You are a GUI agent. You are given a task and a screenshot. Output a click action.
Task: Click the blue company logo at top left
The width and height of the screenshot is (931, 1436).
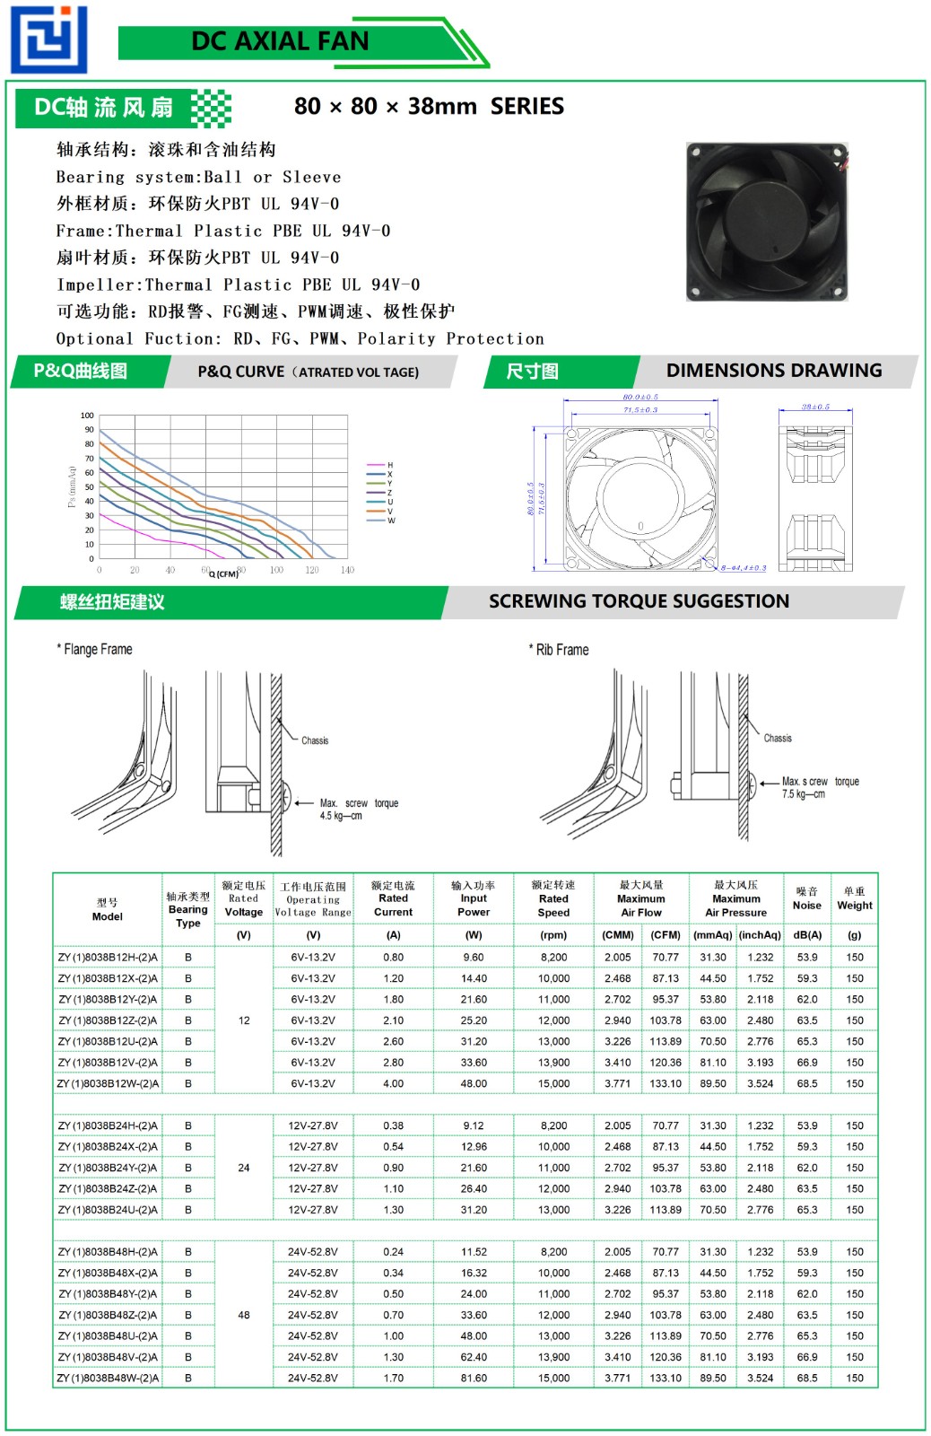(48, 39)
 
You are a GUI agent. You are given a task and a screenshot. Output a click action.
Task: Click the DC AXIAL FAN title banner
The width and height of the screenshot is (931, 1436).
(280, 41)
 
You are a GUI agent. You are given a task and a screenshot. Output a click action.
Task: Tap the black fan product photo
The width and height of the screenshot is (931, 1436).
(766, 222)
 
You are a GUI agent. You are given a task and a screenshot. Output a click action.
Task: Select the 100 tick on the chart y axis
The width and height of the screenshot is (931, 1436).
(87, 416)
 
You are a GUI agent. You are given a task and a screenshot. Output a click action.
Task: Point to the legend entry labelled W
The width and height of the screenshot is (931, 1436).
(391, 521)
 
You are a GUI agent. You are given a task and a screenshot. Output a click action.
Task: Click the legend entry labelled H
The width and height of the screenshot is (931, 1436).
(389, 465)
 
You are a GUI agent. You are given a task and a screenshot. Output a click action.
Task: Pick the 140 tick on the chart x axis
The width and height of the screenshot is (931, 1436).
(347, 570)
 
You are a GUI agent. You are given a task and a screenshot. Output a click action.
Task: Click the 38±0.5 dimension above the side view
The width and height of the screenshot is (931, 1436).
(815, 407)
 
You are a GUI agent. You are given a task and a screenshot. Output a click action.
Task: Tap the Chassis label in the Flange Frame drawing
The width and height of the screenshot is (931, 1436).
(315, 740)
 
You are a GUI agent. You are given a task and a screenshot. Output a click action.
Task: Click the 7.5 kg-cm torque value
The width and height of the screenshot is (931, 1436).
(803, 794)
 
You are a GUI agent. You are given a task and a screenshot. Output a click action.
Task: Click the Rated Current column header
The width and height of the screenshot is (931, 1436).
(393, 898)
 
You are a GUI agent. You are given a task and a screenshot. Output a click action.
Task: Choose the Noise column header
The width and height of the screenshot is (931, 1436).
(806, 898)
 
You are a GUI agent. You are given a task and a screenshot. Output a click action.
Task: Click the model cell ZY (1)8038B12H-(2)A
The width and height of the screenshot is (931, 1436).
(108, 958)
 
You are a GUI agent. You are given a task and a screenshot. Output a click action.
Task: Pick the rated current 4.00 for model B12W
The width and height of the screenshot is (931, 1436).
(393, 1083)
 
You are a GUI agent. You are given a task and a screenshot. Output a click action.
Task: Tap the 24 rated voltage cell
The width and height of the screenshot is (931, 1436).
(244, 1168)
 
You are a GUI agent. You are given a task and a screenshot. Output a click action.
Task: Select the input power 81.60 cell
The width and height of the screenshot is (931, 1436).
(474, 1378)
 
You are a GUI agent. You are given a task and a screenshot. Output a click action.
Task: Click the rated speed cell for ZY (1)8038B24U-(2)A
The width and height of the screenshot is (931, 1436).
(553, 1210)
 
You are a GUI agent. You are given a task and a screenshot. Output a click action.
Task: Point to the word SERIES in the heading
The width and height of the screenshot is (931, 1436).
(527, 107)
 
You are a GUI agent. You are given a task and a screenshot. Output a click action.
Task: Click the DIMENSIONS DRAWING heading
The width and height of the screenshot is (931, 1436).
(774, 371)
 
